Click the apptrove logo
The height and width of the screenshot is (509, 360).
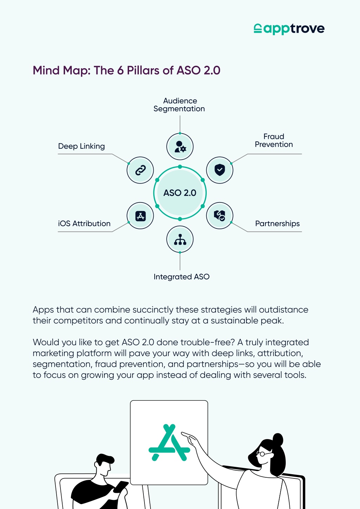click(289, 29)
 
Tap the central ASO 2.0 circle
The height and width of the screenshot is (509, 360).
click(180, 193)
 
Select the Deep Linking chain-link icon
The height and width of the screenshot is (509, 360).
click(140, 170)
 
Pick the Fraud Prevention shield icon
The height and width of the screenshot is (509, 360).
click(220, 170)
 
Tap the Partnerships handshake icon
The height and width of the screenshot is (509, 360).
click(219, 215)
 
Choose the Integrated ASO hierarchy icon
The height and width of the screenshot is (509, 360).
click(180, 239)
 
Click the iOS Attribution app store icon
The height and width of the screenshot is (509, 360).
click(141, 216)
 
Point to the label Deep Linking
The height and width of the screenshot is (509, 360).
click(81, 146)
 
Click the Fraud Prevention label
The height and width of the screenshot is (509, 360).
click(274, 140)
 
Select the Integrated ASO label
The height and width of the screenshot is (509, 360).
click(181, 277)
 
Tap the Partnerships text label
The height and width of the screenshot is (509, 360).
click(277, 224)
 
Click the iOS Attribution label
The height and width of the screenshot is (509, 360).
click(84, 224)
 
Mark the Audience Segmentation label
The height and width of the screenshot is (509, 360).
click(179, 105)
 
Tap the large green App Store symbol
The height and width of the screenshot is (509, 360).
click(169, 442)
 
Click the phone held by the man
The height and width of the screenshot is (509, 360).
click(121, 487)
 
